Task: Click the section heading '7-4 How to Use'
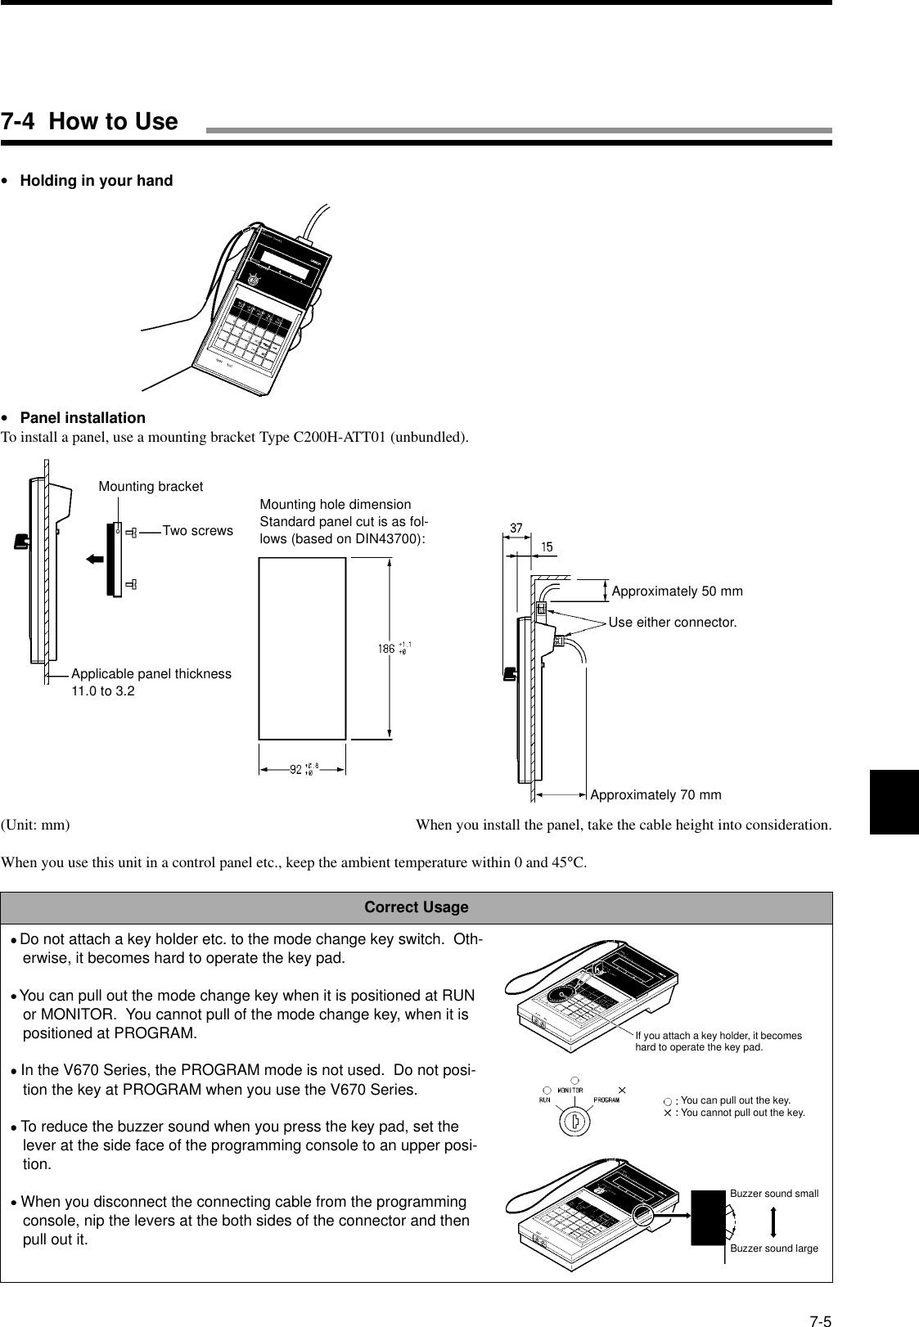pos(89,122)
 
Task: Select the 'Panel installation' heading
pos(82,417)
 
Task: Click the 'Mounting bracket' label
pos(151,487)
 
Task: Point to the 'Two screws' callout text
pos(197,531)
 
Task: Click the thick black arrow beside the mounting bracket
pos(95,560)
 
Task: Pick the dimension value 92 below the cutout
pos(296,769)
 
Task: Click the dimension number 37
pos(516,529)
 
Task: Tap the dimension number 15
pos(545,546)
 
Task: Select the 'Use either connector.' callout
pos(672,623)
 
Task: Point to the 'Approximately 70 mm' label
pos(655,794)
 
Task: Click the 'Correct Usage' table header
pos(416,907)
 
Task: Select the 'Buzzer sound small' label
pos(774,1194)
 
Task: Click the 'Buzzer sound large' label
pos(774,1248)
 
